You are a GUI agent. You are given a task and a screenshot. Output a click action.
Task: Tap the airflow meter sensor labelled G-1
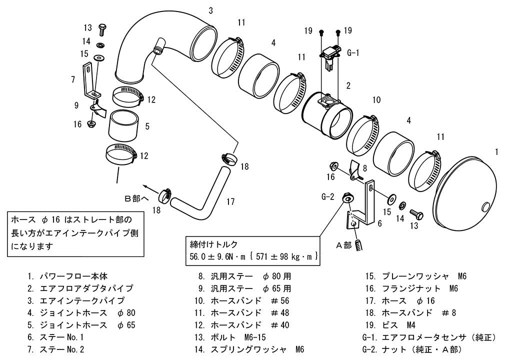(x=330, y=57)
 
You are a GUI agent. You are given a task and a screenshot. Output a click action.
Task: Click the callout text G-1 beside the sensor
(x=353, y=52)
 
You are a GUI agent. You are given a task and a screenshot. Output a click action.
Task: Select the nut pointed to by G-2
(x=347, y=198)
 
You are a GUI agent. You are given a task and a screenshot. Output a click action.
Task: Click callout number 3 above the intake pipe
(x=211, y=10)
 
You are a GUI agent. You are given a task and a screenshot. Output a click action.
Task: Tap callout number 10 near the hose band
(x=376, y=100)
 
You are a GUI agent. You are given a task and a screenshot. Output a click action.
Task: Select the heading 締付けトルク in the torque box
(x=213, y=244)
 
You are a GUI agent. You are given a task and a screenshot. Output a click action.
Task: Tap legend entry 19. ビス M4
(x=390, y=325)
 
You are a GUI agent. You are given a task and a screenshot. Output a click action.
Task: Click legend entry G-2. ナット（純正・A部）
(x=412, y=349)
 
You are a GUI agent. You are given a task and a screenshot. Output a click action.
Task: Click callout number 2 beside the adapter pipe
(x=348, y=85)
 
